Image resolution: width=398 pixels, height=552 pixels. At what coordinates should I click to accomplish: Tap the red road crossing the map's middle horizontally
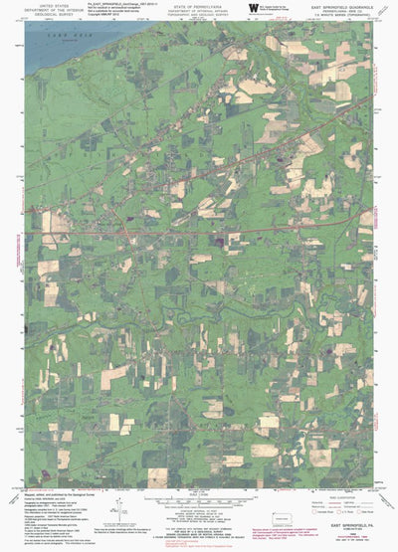tap(199, 233)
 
